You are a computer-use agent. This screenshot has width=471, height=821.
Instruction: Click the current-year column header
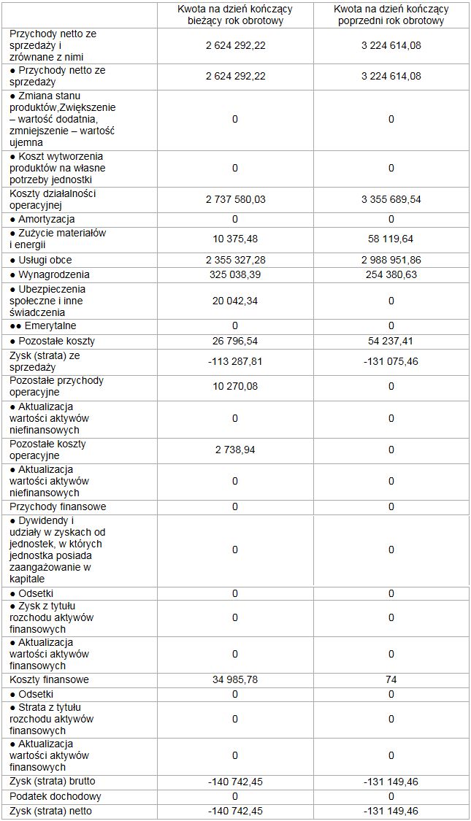[235, 15]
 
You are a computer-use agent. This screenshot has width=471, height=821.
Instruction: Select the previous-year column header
[391, 15]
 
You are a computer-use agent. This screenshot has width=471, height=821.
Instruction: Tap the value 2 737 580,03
[235, 199]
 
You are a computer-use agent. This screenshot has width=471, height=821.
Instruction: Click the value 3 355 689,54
[391, 199]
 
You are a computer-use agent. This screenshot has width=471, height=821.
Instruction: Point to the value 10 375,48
[235, 239]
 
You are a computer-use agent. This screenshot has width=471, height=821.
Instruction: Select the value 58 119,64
[391, 239]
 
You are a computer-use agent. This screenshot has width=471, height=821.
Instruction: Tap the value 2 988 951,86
[391, 260]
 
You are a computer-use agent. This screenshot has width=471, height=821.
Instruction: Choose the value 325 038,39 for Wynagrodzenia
[235, 274]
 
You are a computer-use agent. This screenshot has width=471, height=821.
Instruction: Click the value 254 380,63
[391, 274]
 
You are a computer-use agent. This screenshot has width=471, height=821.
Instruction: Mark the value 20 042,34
[235, 301]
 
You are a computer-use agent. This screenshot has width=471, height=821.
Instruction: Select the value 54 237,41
[391, 341]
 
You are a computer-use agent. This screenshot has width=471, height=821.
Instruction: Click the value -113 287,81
[235, 361]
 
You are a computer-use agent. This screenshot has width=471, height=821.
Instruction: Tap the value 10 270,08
[235, 386]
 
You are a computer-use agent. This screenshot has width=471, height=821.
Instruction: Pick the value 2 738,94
[235, 450]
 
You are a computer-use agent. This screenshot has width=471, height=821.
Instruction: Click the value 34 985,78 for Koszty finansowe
[235, 679]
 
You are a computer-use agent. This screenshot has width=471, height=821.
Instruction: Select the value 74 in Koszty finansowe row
[391, 679]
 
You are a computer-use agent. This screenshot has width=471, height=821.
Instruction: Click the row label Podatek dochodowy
[55, 796]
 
